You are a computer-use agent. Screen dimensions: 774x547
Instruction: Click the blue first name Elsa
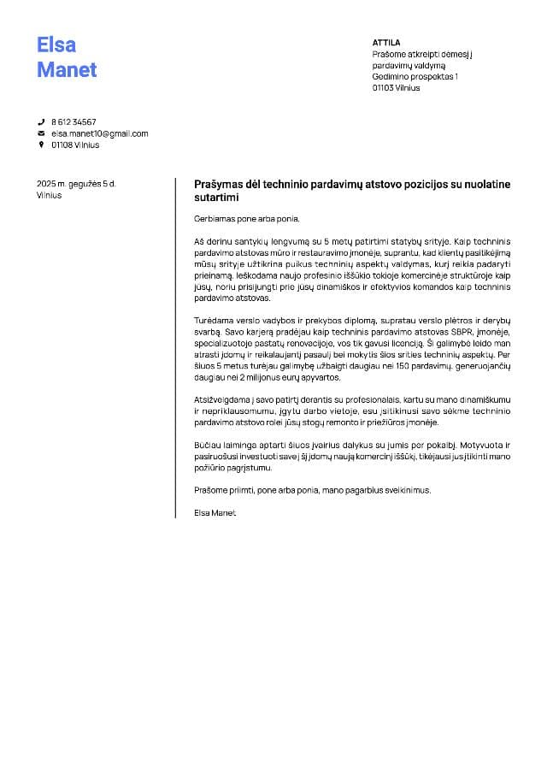pyautogui.click(x=56, y=44)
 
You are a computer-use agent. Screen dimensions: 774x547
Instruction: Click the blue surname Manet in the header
pyautogui.click(x=67, y=70)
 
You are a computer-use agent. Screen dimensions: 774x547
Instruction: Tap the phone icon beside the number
pyautogui.click(x=40, y=122)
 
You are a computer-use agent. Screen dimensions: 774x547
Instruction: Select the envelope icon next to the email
pyautogui.click(x=40, y=134)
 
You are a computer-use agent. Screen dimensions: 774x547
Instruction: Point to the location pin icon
pyautogui.click(x=40, y=145)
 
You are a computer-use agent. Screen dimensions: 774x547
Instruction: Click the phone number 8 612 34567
pyautogui.click(x=74, y=122)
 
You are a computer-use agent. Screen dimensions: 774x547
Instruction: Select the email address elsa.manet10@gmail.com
pyautogui.click(x=100, y=134)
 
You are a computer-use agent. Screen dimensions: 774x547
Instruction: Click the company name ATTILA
pyautogui.click(x=386, y=42)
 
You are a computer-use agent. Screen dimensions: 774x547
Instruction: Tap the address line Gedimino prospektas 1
pyautogui.click(x=415, y=77)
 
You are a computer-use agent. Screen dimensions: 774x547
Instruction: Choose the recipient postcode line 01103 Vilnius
pyautogui.click(x=397, y=88)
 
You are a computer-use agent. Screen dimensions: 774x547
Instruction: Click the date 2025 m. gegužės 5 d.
pyautogui.click(x=76, y=184)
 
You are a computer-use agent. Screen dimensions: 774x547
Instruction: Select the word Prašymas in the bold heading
pyautogui.click(x=219, y=184)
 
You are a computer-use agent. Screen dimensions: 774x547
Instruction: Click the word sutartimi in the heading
pyautogui.click(x=215, y=198)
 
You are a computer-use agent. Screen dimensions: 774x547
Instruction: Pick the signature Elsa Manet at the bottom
pyautogui.click(x=215, y=512)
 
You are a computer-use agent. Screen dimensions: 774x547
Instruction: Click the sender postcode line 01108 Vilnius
pyautogui.click(x=75, y=145)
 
